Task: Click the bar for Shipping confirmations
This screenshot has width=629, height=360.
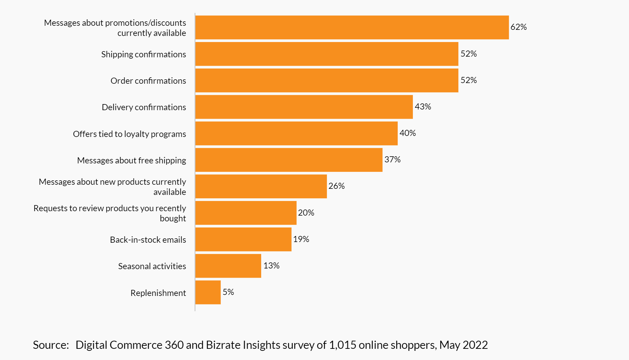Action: pos(327,54)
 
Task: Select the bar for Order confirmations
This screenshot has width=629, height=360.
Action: pos(327,80)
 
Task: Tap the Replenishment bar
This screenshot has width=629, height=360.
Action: pos(208,292)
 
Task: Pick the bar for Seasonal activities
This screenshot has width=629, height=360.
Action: pos(228,266)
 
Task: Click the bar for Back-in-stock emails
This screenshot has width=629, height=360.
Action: pos(243,239)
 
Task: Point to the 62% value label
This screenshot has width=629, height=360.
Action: pos(518,27)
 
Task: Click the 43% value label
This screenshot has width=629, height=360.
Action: pos(423,107)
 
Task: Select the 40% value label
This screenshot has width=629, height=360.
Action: pos(407,133)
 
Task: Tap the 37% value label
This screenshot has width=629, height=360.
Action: pos(392,160)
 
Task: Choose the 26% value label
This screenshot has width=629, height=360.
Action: pos(336,186)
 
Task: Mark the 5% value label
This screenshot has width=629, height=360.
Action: pos(228,292)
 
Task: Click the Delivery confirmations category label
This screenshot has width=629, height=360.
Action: pos(144,107)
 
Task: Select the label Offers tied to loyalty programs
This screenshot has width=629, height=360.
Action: pos(129,134)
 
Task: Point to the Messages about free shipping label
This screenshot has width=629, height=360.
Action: pos(131,161)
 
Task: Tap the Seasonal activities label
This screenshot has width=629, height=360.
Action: pos(152,266)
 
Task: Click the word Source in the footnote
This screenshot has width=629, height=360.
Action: pos(50,345)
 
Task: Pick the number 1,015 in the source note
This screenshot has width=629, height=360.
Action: pos(342,345)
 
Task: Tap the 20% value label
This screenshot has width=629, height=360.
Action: pos(306,213)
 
